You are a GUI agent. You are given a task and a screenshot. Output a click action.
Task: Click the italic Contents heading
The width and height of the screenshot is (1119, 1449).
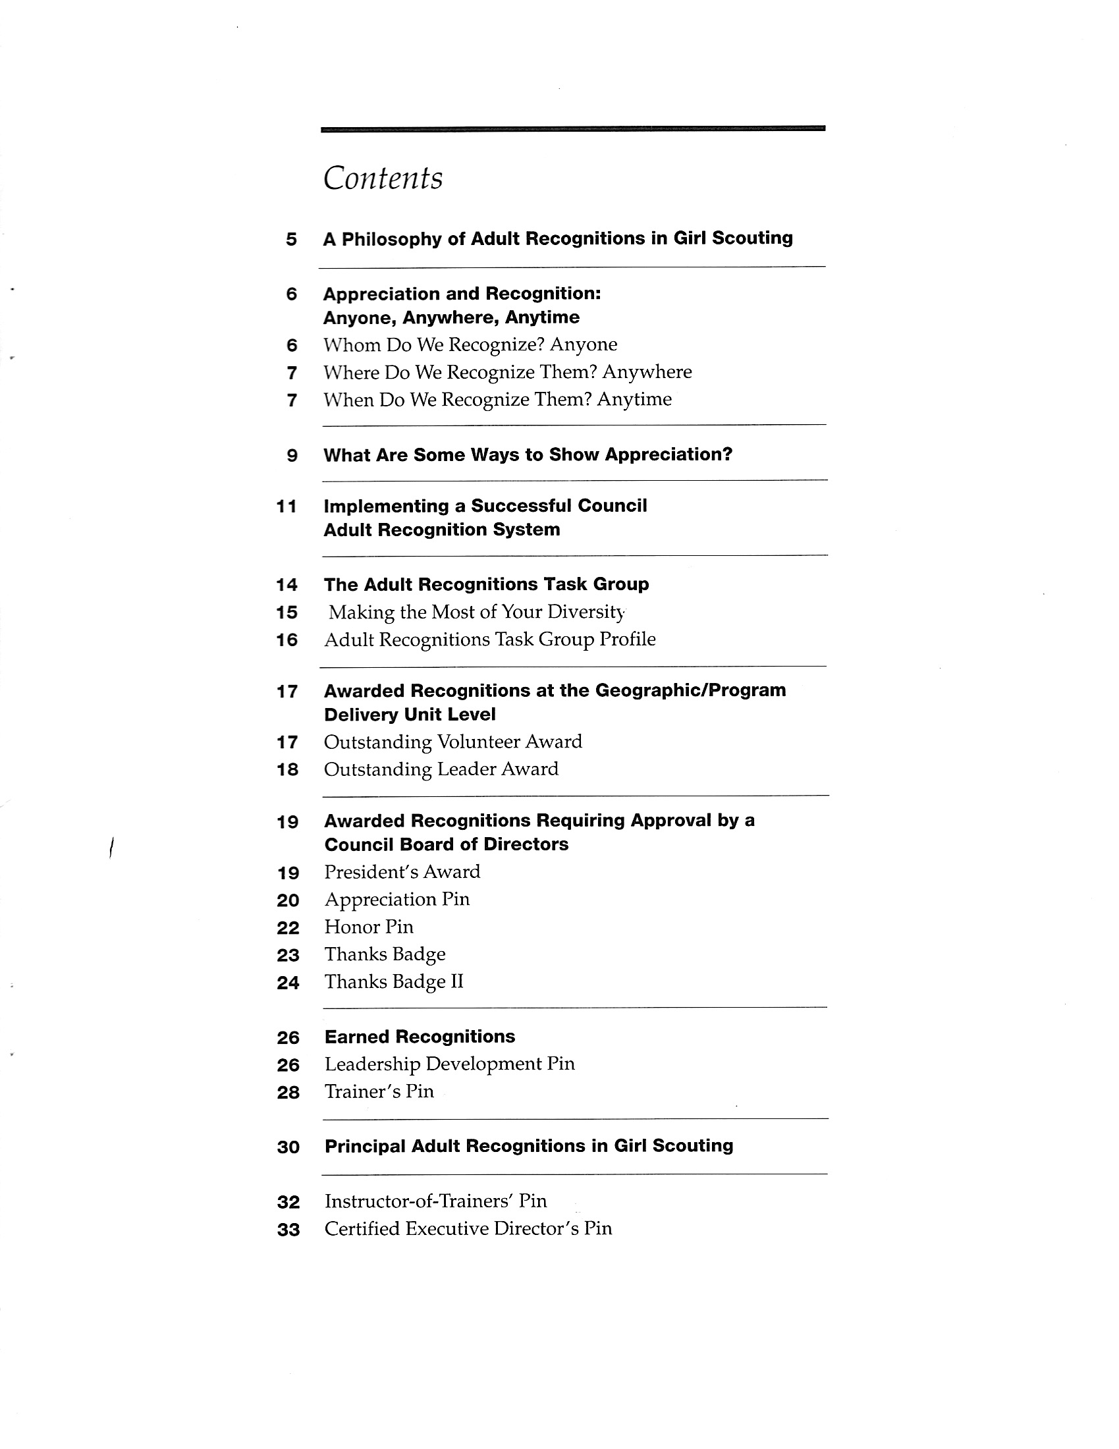[383, 178]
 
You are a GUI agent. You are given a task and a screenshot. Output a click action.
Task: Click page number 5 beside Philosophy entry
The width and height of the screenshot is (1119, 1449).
[291, 240]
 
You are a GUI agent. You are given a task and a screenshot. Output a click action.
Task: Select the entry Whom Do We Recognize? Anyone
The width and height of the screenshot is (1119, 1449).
[470, 345]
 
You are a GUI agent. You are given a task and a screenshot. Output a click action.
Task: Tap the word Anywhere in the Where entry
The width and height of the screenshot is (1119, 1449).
[647, 372]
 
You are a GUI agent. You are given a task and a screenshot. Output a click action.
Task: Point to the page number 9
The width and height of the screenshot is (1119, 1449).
[292, 456]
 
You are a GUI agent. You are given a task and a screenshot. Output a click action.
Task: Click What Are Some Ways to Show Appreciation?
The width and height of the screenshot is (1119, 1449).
[528, 455]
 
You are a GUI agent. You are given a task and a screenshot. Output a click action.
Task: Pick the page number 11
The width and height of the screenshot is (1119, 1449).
[287, 507]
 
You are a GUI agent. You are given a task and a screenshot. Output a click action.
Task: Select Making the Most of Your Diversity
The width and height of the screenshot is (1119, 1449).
[476, 612]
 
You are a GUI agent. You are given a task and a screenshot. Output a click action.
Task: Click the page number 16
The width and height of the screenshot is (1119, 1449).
[287, 640]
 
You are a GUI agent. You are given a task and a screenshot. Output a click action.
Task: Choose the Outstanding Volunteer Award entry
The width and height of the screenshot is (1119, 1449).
[452, 742]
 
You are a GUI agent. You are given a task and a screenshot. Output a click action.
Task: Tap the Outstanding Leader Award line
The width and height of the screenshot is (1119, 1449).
[441, 769]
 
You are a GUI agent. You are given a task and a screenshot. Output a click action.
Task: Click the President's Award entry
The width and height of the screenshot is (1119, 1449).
[402, 872]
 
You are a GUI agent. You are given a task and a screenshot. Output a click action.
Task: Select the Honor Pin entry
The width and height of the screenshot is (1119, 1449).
[369, 927]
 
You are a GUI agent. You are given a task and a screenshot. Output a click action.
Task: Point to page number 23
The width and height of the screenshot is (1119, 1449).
[288, 956]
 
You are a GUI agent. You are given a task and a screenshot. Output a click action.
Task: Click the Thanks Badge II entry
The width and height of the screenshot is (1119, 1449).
[393, 982]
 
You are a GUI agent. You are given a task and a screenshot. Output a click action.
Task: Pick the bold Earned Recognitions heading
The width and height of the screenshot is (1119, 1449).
[419, 1037]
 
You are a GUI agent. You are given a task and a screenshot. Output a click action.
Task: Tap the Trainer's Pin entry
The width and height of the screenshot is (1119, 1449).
[379, 1091]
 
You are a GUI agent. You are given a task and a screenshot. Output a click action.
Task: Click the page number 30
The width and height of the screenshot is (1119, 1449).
[288, 1147]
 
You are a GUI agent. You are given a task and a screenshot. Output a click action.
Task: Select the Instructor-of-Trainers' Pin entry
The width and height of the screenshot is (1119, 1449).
[435, 1201]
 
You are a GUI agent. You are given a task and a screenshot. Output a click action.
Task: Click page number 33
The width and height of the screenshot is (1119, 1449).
[288, 1230]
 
